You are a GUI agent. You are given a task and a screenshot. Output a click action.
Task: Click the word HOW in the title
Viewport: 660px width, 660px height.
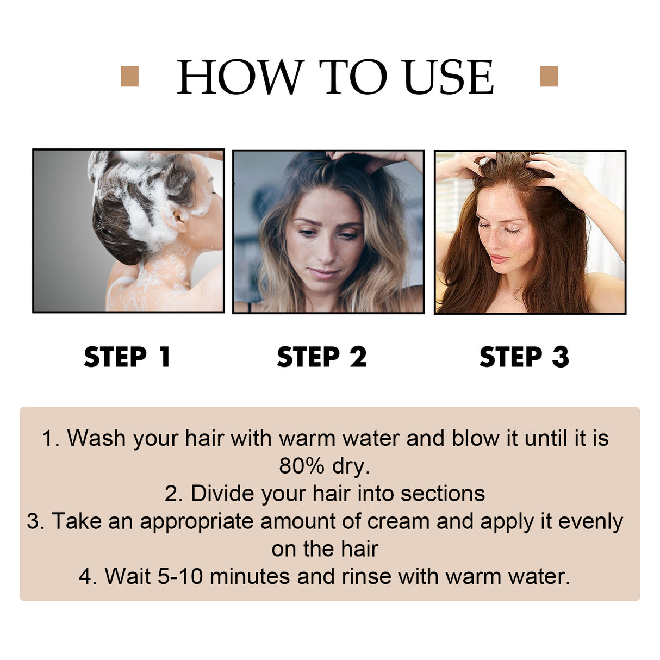coord(239,77)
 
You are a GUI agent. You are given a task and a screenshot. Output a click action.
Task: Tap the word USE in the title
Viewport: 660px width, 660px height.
coord(448,77)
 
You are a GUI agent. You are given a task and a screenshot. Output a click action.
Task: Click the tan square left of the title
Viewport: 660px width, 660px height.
coord(129,76)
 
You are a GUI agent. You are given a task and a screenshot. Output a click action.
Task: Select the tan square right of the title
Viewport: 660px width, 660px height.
coord(549,76)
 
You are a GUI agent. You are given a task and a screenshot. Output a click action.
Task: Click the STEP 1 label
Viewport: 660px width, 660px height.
coord(128,357)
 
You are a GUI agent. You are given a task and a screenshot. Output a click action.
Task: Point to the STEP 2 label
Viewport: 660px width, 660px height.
coord(322,357)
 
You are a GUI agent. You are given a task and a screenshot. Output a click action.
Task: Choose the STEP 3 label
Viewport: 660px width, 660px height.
coord(524,357)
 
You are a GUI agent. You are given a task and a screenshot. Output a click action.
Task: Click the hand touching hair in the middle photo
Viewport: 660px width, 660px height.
coord(381,160)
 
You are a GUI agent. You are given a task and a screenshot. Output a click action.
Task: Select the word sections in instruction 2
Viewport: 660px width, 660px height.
coord(443,494)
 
